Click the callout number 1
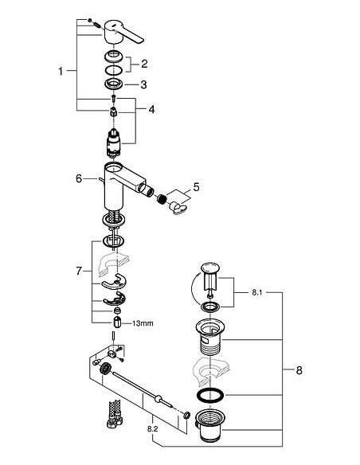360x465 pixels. (x=61, y=72)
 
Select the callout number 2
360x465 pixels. (x=144, y=64)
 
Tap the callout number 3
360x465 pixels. (x=144, y=84)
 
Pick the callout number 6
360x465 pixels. (x=78, y=179)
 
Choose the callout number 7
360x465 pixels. (x=79, y=272)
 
